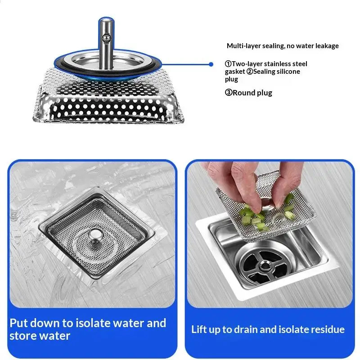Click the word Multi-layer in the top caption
pos(241,46)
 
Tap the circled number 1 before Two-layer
pos(228,64)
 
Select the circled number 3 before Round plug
pos(228,93)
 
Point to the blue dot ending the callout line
pos(211,64)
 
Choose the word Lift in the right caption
pos(200,329)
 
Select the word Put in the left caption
pos(19,323)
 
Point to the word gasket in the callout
pos(234,72)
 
